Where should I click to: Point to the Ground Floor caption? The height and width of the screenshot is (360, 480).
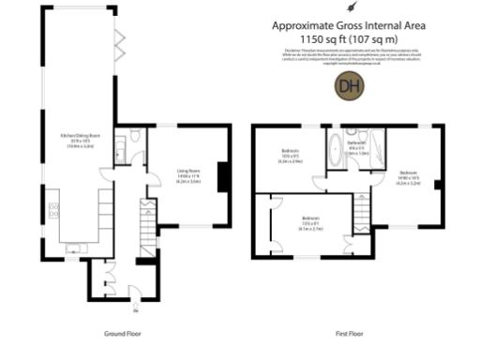pos(124,334)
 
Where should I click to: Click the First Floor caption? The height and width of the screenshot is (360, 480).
pos(349,334)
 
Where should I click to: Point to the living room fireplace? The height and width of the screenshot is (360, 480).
pos(221,175)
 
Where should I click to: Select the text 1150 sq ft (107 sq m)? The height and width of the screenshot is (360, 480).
pos(350,39)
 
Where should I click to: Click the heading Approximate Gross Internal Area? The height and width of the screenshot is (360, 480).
pos(350,26)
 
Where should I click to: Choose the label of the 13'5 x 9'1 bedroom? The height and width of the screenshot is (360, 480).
pos(311,225)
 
